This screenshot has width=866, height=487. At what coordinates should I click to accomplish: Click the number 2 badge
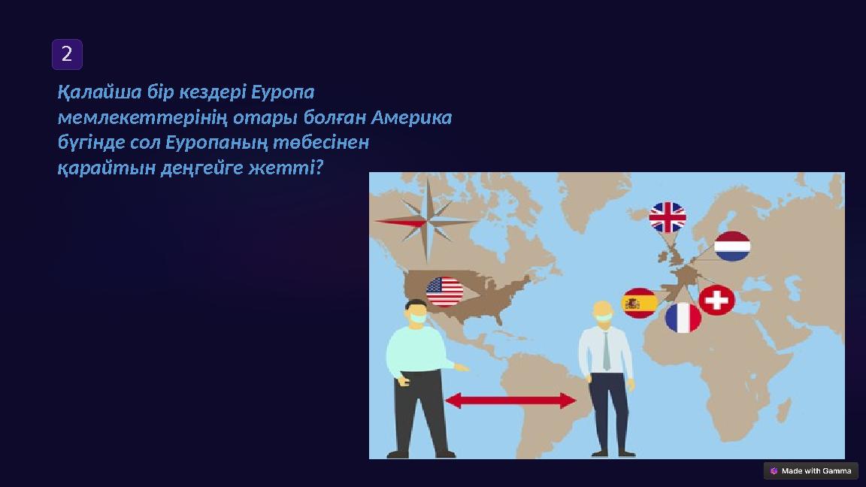click(67, 54)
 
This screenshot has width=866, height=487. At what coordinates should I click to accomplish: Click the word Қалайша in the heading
click(94, 92)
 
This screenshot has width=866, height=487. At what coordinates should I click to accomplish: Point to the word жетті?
click(297, 168)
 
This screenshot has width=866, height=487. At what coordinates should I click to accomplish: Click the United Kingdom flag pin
click(668, 217)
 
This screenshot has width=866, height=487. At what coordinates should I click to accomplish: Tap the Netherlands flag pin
click(732, 247)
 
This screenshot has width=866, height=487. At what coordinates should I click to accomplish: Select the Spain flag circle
click(640, 303)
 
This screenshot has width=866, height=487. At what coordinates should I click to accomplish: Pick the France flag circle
click(683, 318)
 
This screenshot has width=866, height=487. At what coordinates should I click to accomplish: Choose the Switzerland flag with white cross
click(717, 300)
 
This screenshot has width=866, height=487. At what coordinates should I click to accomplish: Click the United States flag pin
click(445, 292)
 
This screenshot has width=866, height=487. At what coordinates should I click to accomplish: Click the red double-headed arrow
click(511, 401)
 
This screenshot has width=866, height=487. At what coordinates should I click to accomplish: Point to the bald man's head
click(603, 310)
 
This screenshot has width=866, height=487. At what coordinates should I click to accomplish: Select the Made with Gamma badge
click(810, 471)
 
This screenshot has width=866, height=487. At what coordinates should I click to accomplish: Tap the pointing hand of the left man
click(464, 368)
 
